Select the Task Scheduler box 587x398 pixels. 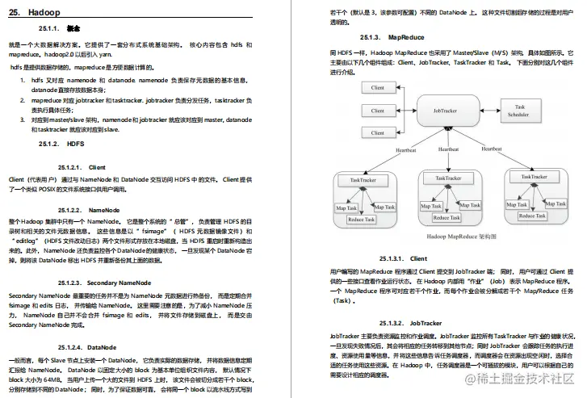tap(521, 111)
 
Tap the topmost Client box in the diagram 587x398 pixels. tap(377, 87)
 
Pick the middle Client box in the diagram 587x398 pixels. tap(377, 110)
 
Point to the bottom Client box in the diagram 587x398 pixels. tap(377, 132)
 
